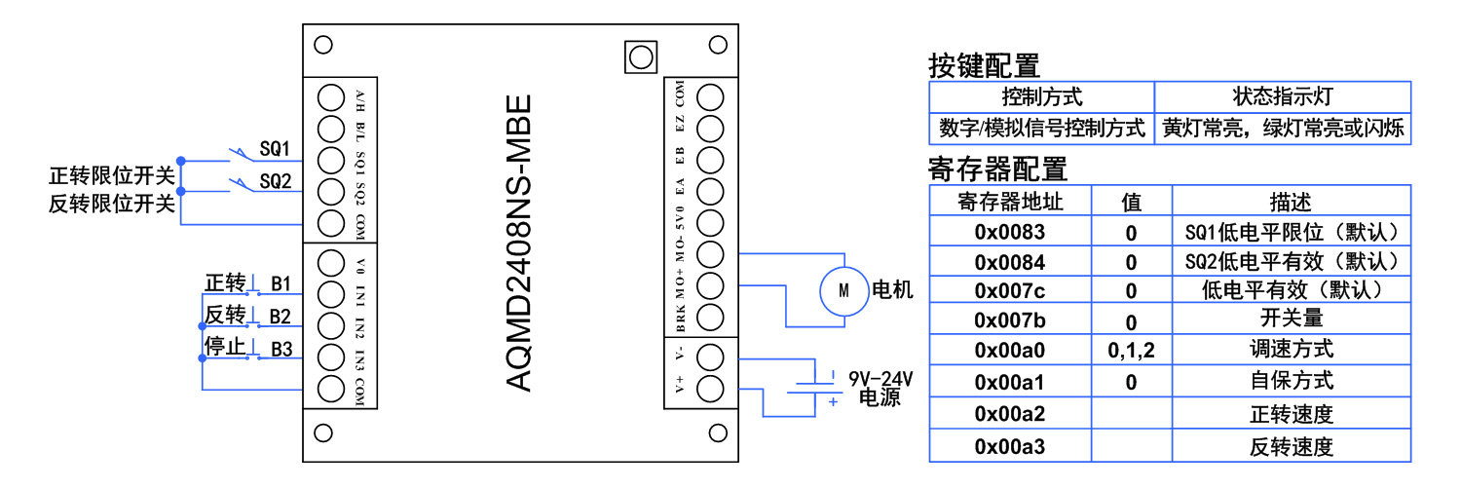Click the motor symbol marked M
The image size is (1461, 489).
[x=843, y=289]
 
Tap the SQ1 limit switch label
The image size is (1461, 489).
[x=275, y=149]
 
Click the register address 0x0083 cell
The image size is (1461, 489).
[x=1009, y=232]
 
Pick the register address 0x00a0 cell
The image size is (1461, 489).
[x=1009, y=349]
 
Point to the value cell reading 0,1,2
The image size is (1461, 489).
[x=1131, y=349]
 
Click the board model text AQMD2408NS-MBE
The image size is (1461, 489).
[x=520, y=244]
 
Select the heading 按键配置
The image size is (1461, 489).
[x=984, y=65]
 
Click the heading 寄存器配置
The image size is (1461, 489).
[x=997, y=169]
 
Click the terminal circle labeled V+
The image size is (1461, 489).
[x=711, y=388]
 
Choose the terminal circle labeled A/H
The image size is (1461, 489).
[x=331, y=97]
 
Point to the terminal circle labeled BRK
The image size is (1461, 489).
[x=711, y=318]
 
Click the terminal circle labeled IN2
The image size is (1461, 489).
[x=331, y=324]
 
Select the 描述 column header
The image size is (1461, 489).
[x=1291, y=202]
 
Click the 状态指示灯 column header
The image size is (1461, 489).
[x=1282, y=96]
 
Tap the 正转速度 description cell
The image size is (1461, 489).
[x=1291, y=414]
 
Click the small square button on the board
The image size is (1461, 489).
[x=640, y=56]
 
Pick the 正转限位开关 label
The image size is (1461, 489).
[x=112, y=176]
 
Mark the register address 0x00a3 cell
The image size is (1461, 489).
[x=1009, y=447]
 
